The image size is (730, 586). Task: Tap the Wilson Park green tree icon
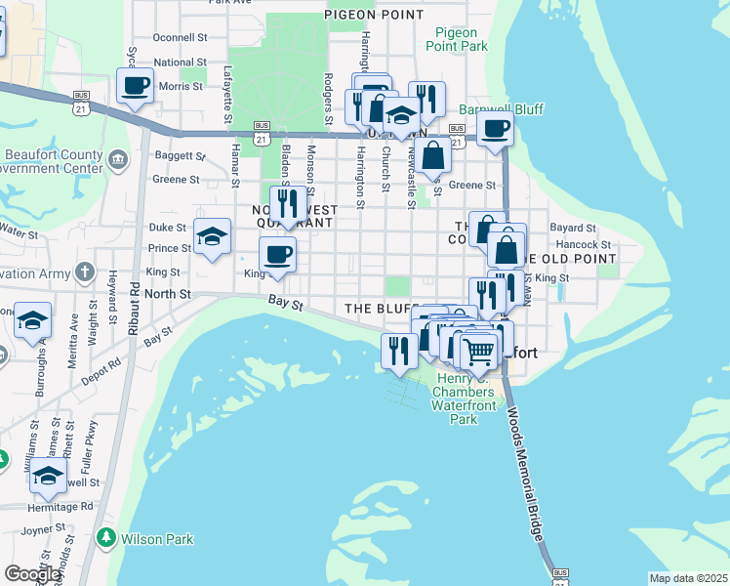(104, 538)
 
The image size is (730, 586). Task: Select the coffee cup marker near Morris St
(135, 86)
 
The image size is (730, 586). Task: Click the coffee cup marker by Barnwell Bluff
(496, 129)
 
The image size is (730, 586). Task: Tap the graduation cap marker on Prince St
(213, 237)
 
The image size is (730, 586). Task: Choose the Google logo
(32, 574)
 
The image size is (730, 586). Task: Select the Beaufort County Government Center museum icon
(119, 159)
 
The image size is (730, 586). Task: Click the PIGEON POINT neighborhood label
(374, 15)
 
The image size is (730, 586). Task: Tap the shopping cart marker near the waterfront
(479, 350)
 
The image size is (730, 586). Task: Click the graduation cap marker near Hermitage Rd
(47, 478)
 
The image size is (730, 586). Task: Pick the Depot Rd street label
(101, 362)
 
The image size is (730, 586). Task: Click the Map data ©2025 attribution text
(688, 578)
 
